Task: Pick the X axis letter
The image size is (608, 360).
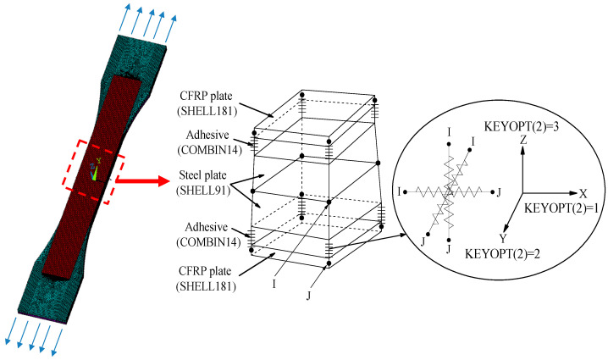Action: (x=583, y=193)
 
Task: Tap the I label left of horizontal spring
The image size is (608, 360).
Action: (x=396, y=194)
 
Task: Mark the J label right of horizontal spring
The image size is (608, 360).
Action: (x=499, y=193)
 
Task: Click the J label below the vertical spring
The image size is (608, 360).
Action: (x=448, y=249)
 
